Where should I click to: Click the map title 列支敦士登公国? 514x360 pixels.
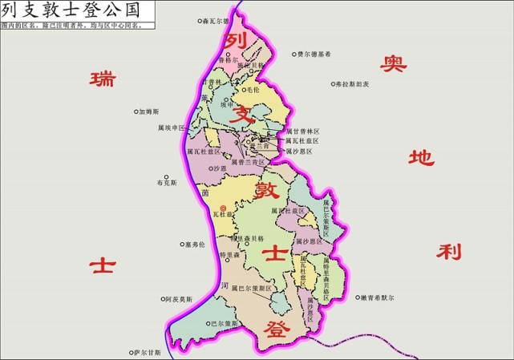click(71, 10)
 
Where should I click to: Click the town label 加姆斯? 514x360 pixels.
click(149, 111)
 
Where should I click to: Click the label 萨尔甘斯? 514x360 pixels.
click(148, 352)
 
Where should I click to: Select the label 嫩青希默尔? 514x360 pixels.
click(377, 297)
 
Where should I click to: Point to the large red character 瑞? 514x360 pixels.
click(102, 79)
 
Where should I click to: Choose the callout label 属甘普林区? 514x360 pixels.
click(302, 131)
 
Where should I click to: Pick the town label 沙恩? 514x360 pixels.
click(219, 168)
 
